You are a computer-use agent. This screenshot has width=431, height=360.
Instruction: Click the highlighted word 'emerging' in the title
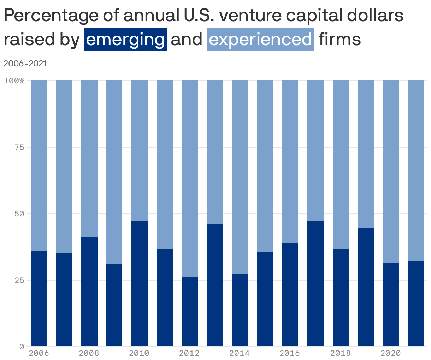coord(125,39)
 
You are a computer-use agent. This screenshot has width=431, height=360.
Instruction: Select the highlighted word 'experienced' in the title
coord(260,39)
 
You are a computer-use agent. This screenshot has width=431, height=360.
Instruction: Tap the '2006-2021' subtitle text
coord(25,64)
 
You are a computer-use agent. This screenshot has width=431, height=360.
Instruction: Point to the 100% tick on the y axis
coord(14,80)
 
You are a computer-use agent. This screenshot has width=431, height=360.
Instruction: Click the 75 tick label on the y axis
coord(19,147)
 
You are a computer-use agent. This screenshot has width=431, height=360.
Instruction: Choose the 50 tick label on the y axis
coord(19,214)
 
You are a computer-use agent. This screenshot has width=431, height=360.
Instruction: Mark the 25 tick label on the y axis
coord(19,280)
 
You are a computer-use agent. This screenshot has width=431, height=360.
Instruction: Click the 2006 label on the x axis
coord(39,353)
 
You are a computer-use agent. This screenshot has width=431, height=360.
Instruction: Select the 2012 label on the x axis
coord(189,353)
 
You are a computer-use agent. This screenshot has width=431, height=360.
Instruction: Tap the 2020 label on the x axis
coord(391,353)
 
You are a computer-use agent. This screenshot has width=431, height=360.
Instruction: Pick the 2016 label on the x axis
coord(290,353)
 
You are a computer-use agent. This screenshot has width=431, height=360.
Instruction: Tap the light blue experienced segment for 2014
coord(240,176)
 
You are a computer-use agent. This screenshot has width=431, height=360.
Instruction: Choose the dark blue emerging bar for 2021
coord(416,304)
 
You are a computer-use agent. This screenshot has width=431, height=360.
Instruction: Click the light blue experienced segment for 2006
coord(39,166)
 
